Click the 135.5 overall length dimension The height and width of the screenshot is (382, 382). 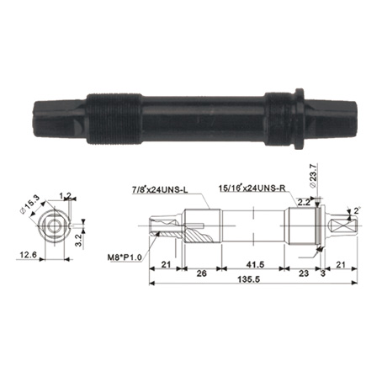point(248,279)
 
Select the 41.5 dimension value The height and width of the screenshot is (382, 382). point(255,264)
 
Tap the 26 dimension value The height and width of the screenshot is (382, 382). point(201,273)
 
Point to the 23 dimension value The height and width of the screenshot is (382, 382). point(304,273)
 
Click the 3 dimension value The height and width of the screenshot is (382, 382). point(322,273)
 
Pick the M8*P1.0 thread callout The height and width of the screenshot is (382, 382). point(125,257)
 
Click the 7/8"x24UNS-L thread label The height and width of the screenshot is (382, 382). point(160,190)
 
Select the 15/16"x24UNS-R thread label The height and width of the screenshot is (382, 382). point(252,188)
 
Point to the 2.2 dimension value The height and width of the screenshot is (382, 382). point(303,202)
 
